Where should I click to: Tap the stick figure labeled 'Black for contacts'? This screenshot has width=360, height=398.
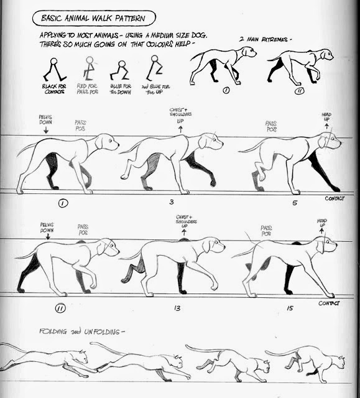pyautogui.click(x=54, y=70)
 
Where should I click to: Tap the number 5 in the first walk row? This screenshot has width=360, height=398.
pyautogui.click(x=294, y=203)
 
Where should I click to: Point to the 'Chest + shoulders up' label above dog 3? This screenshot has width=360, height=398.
pyautogui.click(x=180, y=116)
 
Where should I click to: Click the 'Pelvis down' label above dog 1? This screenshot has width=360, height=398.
pyautogui.click(x=46, y=119)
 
